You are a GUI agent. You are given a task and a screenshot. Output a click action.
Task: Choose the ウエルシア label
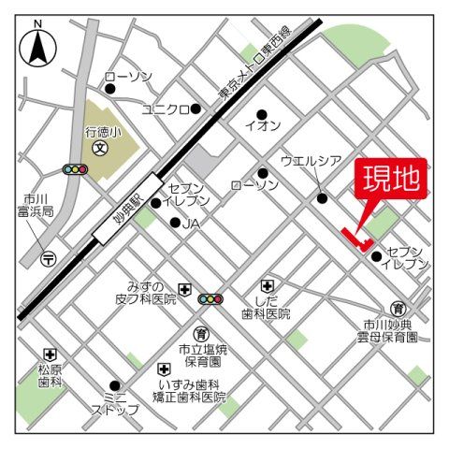point(312,161)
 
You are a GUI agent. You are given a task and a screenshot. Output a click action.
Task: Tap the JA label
point(191,224)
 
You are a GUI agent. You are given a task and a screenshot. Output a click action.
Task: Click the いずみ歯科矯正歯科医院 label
point(192,391)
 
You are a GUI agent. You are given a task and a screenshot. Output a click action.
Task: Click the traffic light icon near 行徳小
point(74,170)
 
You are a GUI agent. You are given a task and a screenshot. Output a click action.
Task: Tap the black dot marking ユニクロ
point(196,109)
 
